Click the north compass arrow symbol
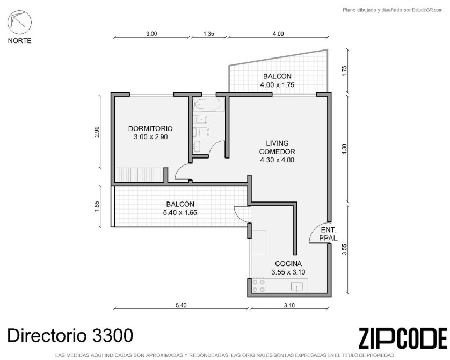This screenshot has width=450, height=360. tap(19, 22)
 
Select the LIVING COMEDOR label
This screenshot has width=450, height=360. tap(277, 152)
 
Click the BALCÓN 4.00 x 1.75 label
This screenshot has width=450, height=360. tap(277, 81)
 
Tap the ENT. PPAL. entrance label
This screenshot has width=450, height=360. tap(329, 234)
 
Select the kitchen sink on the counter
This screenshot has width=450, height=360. tap(297, 286)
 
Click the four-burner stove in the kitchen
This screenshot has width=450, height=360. tap(258, 286)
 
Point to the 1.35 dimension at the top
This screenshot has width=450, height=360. tap(209, 34)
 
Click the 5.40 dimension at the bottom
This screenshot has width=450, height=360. tap(181, 305)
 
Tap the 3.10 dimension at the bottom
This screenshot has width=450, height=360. tap(289, 305)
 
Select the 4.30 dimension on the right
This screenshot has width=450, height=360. tap(345, 149)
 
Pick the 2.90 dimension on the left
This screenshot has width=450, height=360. tap(97, 132)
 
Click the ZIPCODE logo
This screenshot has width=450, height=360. tap(403, 338)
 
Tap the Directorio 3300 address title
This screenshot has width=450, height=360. tap(70, 335)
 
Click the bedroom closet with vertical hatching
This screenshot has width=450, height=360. tap(139, 175)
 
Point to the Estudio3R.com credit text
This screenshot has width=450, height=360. tap(393, 10)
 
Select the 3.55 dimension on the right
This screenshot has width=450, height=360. tap(345, 249)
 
